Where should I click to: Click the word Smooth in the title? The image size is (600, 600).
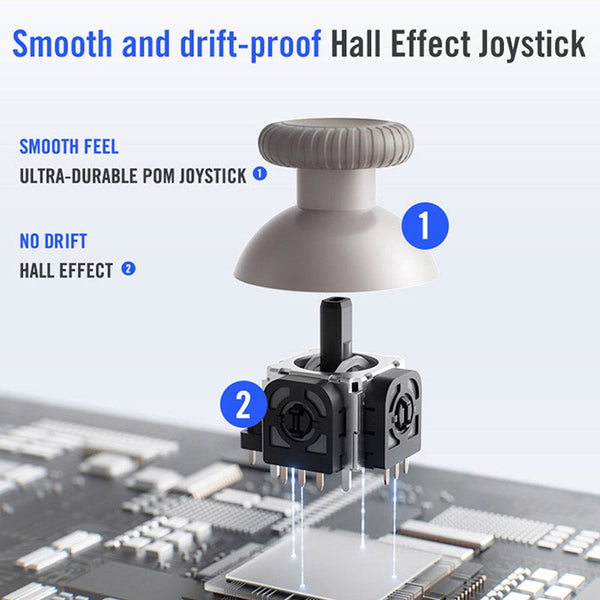point(62,43)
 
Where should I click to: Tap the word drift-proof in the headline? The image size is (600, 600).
point(250,45)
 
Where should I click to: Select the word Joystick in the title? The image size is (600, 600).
point(532,45)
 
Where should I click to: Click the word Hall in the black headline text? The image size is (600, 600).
point(355,43)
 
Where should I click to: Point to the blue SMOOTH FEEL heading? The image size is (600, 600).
point(69,147)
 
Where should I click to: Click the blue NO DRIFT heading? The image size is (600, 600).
point(53,241)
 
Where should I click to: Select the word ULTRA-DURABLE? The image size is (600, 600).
point(78,176)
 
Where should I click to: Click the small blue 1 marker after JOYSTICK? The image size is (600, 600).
point(260,174)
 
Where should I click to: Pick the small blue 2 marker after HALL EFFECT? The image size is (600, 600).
point(128,269)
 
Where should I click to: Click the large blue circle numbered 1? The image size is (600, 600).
point(425,226)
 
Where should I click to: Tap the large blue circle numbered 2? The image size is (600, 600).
point(244,404)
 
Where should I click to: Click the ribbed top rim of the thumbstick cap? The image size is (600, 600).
point(336,143)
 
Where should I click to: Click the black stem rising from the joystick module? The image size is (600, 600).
point(336,333)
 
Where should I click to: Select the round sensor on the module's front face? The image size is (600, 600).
point(297,420)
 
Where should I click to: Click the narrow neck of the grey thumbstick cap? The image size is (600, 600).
point(336,189)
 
